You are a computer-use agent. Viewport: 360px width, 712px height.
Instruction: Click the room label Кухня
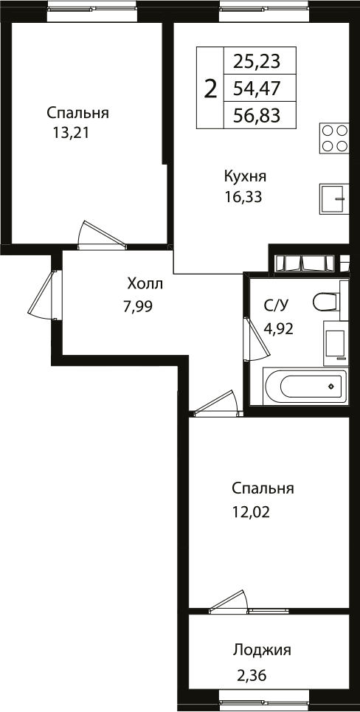point(245,176)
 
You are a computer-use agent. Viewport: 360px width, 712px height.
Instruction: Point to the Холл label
point(144,284)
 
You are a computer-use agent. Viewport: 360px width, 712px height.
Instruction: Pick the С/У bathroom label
point(276,306)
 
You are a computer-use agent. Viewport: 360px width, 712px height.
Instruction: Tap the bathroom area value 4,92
point(278,328)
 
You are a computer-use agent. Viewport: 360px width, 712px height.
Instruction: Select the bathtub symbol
point(304,386)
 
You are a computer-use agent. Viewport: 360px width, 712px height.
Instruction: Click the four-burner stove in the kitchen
point(334,138)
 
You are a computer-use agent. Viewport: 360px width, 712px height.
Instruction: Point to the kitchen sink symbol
point(334,198)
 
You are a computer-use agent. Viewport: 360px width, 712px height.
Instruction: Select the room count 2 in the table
point(210,89)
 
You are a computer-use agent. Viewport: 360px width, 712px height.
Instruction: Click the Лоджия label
point(262,650)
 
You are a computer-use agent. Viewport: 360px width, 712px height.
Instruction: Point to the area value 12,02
point(251,511)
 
